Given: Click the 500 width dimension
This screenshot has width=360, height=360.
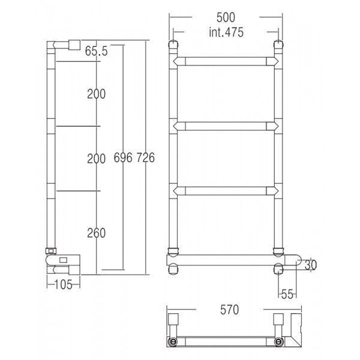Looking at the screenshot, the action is click(x=226, y=17).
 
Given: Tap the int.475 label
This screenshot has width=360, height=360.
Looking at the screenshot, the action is click(x=226, y=32).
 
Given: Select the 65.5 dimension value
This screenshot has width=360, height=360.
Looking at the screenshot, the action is click(x=96, y=51).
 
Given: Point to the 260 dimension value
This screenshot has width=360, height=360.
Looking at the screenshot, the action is click(x=96, y=233).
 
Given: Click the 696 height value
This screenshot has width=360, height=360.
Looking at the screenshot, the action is click(x=123, y=157).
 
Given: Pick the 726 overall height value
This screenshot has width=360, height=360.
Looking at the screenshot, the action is click(x=146, y=157).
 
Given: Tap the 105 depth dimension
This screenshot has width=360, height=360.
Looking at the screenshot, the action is click(x=64, y=284).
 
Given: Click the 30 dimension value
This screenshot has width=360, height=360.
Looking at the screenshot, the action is click(x=310, y=265).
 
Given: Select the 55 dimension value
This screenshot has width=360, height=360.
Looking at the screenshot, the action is click(x=287, y=294).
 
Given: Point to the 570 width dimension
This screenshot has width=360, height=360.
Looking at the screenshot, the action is click(x=229, y=310).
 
